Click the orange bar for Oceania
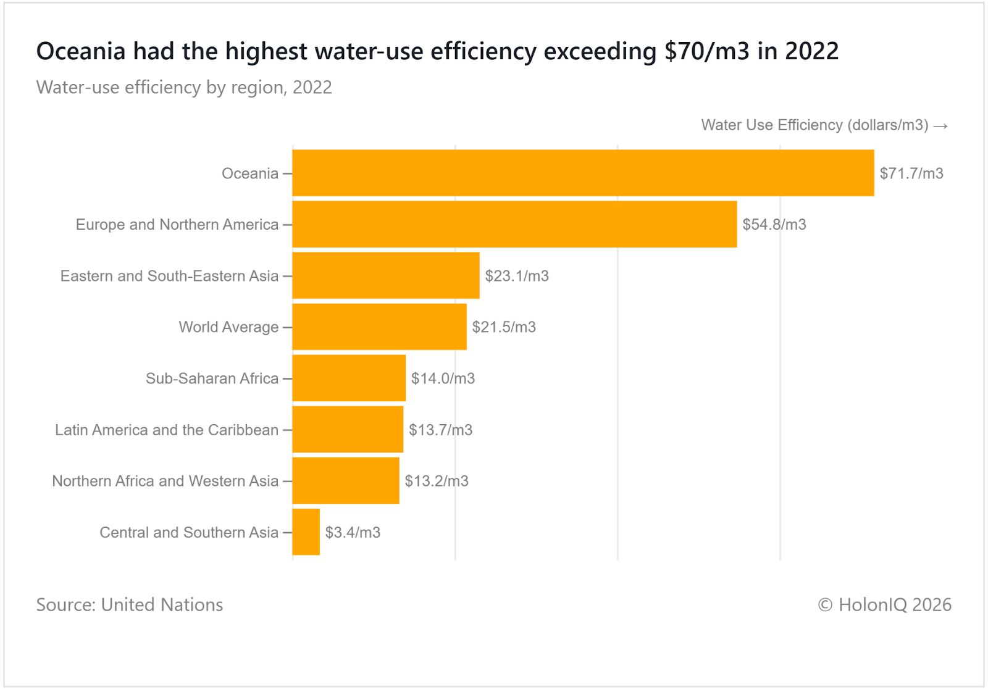[x=583, y=173]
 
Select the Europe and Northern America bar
[x=514, y=224]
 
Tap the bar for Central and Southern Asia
[x=306, y=532]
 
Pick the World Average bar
[x=379, y=327]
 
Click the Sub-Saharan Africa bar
[x=349, y=378]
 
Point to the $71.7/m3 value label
[x=911, y=173]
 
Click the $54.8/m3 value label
[x=774, y=225]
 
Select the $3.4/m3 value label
[x=353, y=532]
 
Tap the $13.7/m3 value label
[x=440, y=430]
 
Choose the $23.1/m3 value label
[x=517, y=276]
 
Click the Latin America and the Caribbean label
[x=167, y=430]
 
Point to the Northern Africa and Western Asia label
[x=165, y=481]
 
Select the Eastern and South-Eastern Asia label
[x=169, y=276]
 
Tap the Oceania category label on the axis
[x=250, y=173]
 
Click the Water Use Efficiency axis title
[x=814, y=125]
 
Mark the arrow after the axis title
[x=940, y=126]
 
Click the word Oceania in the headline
[x=81, y=51]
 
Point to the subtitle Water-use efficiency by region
[x=184, y=88]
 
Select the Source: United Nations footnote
[x=130, y=604]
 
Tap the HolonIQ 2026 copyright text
[x=884, y=604]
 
